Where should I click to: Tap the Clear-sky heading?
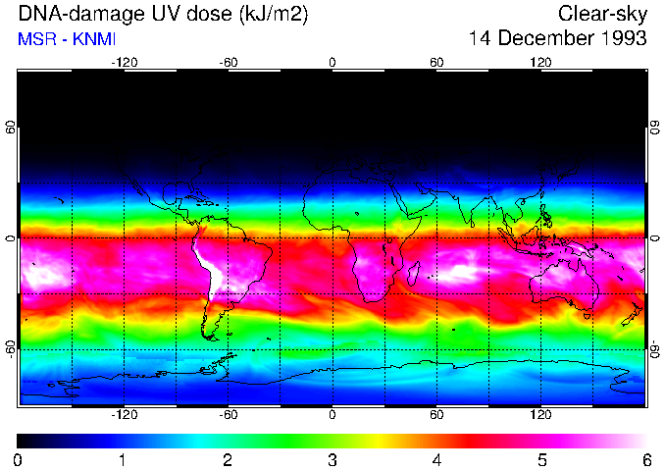[602, 14]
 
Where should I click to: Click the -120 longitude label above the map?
[124, 62]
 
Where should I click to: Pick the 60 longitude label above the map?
[436, 62]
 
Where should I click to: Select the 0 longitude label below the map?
[332, 414]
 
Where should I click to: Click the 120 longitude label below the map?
[540, 414]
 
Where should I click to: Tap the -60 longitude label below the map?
[228, 414]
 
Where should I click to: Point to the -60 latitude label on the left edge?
[10, 348]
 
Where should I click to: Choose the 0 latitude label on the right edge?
[655, 237]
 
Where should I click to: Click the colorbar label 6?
[646, 459]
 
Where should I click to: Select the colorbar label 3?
[332, 459]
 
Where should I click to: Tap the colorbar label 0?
[19, 459]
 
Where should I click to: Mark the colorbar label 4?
[437, 459]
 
